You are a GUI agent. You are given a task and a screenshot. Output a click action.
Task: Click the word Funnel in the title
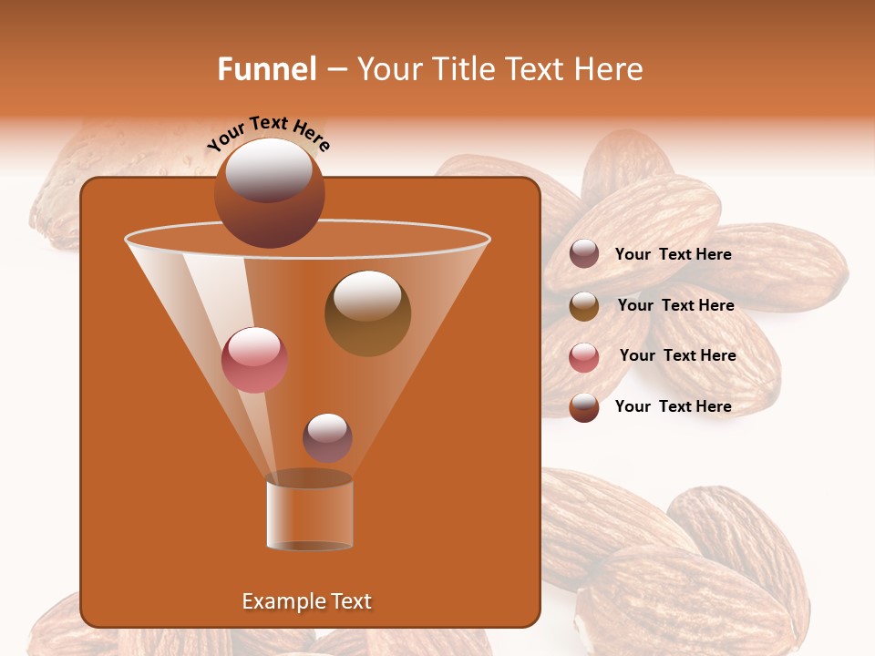click(266, 69)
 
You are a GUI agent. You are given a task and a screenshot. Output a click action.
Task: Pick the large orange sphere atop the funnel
click(270, 193)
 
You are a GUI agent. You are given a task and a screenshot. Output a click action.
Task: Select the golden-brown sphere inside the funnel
click(367, 313)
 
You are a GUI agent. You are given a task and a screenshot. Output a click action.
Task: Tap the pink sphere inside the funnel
click(254, 360)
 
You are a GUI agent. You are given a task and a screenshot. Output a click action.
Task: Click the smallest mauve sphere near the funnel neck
click(327, 437)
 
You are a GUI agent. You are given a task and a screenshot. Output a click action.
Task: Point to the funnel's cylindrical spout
click(309, 515)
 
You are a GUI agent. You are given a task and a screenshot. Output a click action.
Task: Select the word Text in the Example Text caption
click(349, 601)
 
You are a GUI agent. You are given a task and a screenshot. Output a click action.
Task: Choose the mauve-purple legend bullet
click(584, 254)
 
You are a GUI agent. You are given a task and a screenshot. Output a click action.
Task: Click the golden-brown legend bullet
click(584, 305)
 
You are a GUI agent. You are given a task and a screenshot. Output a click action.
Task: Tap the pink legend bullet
click(584, 356)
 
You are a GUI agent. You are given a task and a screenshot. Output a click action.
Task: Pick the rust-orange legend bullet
click(584, 407)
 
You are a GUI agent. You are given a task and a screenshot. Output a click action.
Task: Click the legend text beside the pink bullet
click(677, 355)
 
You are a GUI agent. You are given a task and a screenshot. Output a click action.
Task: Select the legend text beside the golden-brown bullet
click(675, 305)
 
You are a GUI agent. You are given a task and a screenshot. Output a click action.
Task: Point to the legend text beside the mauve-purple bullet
click(673, 254)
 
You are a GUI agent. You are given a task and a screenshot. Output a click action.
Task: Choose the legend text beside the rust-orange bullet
click(673, 406)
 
